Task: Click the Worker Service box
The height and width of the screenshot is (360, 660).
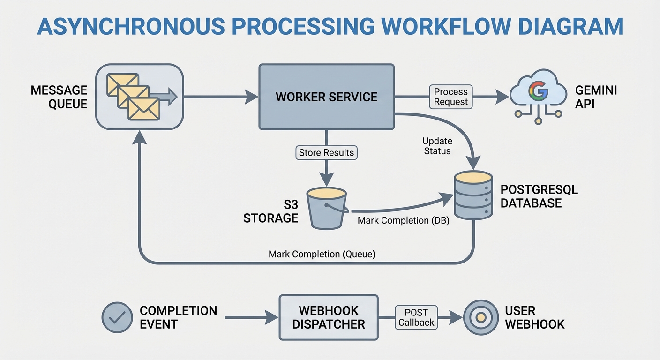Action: [326, 97]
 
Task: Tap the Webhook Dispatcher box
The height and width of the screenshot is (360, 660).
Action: [329, 317]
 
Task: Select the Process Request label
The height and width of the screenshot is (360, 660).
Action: [451, 97]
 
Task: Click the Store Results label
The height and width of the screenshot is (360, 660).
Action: [327, 152]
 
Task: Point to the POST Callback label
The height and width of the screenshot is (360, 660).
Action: [416, 317]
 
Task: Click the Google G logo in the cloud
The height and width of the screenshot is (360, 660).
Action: [538, 91]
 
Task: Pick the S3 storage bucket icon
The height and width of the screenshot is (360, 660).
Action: [326, 208]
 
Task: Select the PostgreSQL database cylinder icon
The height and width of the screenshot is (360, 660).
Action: [473, 195]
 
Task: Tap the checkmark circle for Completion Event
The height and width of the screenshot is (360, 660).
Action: [117, 317]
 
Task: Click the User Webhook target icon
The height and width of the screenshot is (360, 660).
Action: [480, 317]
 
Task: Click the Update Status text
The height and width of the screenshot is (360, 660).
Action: [437, 146]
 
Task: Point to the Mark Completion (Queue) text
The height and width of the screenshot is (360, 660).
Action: [322, 254]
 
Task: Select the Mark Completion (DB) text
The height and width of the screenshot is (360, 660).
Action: [403, 220]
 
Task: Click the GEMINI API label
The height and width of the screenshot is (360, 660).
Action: [596, 97]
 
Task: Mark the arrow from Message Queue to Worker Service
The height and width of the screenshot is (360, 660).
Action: [220, 97]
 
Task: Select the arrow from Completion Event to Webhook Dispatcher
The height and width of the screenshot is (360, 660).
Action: [251, 317]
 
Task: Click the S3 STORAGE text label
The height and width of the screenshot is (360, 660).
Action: [271, 211]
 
